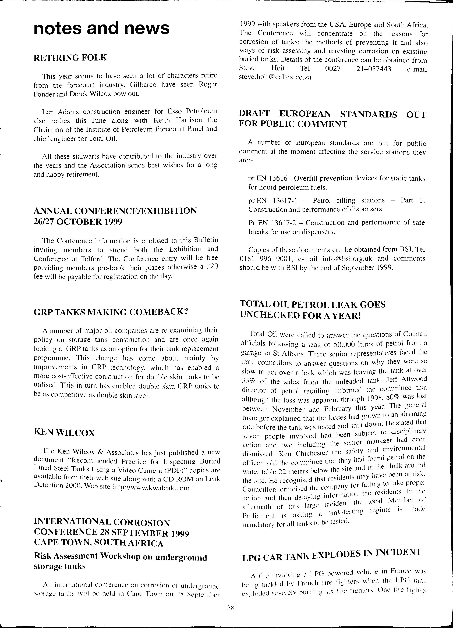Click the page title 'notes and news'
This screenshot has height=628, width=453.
(x=101, y=28)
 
